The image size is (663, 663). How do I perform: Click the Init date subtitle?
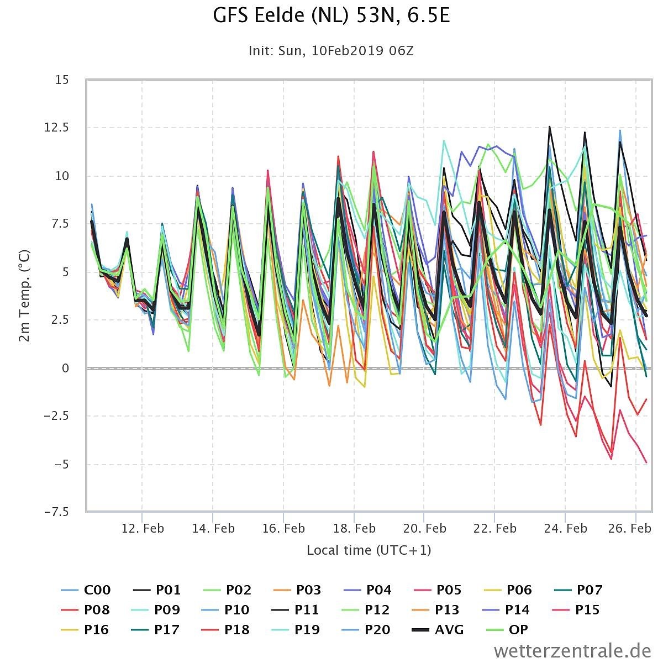(x=331, y=51)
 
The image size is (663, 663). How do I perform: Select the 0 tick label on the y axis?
(x=65, y=369)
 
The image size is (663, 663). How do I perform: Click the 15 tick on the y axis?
(x=62, y=80)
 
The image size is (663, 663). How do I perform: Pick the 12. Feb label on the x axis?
(x=143, y=529)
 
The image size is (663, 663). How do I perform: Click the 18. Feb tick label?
(x=354, y=529)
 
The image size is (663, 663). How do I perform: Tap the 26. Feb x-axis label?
(x=630, y=529)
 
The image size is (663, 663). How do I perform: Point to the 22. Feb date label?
(x=495, y=529)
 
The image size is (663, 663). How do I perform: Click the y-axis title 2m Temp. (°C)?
(x=24, y=296)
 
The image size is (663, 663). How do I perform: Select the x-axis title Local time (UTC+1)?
(x=369, y=550)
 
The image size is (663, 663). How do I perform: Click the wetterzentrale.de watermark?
(x=572, y=651)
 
